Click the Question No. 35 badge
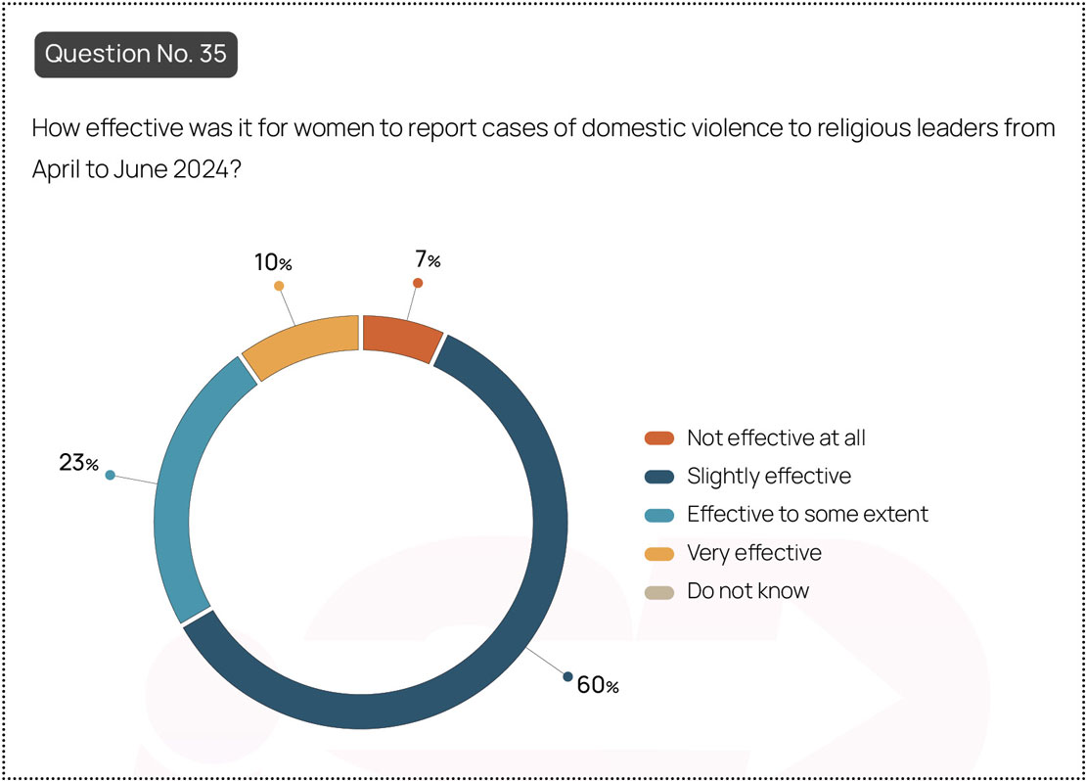pyautogui.click(x=136, y=54)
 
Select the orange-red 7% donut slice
pyautogui.click(x=402, y=338)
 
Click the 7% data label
pyautogui.click(x=428, y=259)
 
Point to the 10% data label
pyautogui.click(x=273, y=262)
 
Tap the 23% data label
pyautogui.click(x=78, y=462)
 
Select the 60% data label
pyautogui.click(x=598, y=685)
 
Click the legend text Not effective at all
pyautogui.click(x=776, y=438)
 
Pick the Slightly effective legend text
pyautogui.click(x=769, y=476)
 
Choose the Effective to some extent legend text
pyautogui.click(x=807, y=514)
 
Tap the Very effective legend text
pyautogui.click(x=753, y=553)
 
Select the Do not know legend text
pyautogui.click(x=747, y=590)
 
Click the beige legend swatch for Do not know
pyautogui.click(x=658, y=592)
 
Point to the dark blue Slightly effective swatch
pyautogui.click(x=658, y=477)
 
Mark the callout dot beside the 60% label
pyautogui.click(x=567, y=676)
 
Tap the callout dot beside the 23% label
pyautogui.click(x=111, y=475)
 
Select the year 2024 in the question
pyautogui.click(x=201, y=169)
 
